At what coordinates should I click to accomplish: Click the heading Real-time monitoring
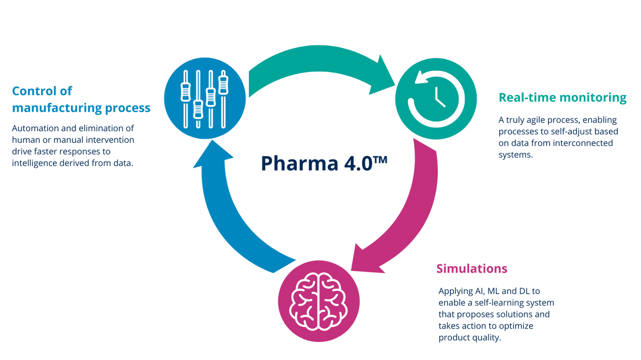click(x=562, y=97)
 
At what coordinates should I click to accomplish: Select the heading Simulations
click(x=471, y=268)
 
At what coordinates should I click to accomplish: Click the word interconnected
click(x=583, y=143)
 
